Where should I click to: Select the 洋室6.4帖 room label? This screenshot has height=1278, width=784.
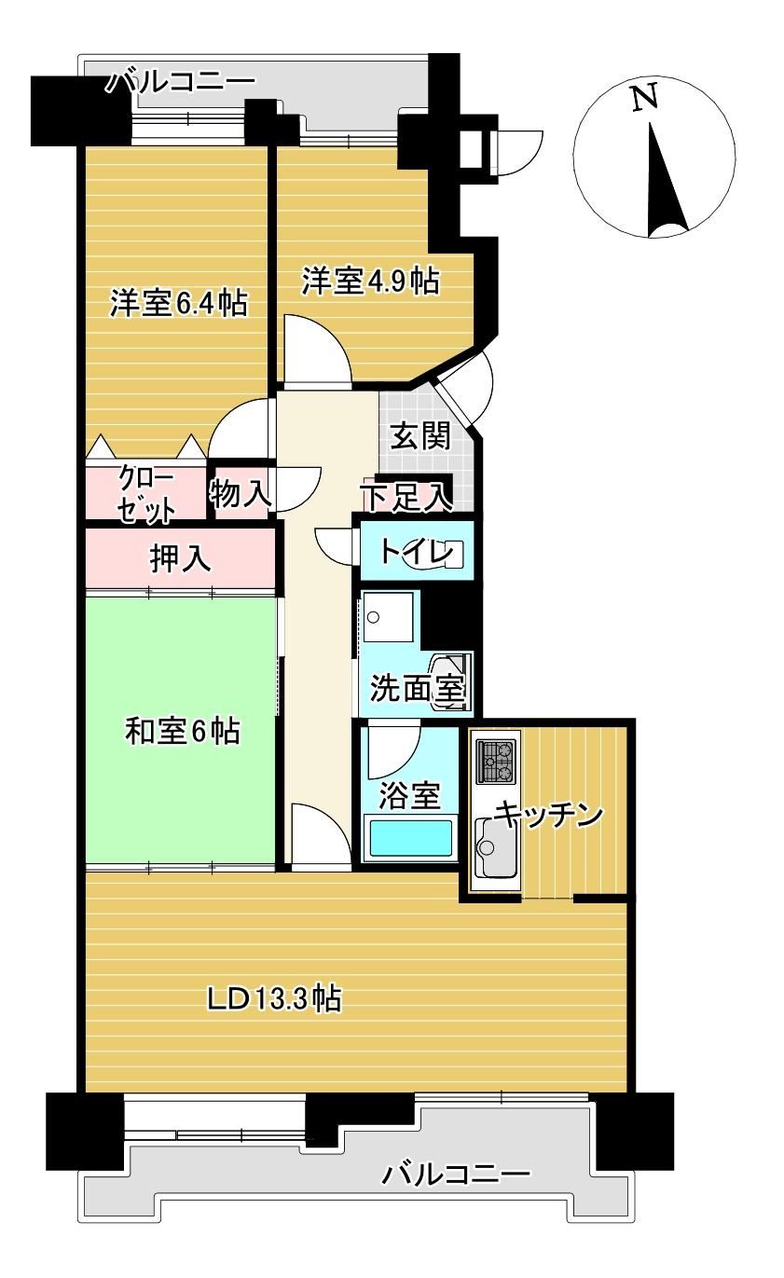point(179,303)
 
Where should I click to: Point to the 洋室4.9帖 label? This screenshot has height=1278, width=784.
point(371,282)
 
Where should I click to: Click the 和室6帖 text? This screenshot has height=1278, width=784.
point(183,731)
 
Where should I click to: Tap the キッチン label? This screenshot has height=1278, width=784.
point(548,814)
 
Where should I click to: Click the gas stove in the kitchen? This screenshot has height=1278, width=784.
point(496,761)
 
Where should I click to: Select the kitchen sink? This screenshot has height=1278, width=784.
point(495,848)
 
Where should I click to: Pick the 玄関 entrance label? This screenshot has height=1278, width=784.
point(420,436)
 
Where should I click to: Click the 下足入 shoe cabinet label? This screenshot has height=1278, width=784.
point(407,497)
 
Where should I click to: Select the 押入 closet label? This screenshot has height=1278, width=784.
point(181,558)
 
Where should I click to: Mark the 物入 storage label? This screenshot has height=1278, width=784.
point(240,493)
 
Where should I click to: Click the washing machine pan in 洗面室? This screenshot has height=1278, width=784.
point(388,617)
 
